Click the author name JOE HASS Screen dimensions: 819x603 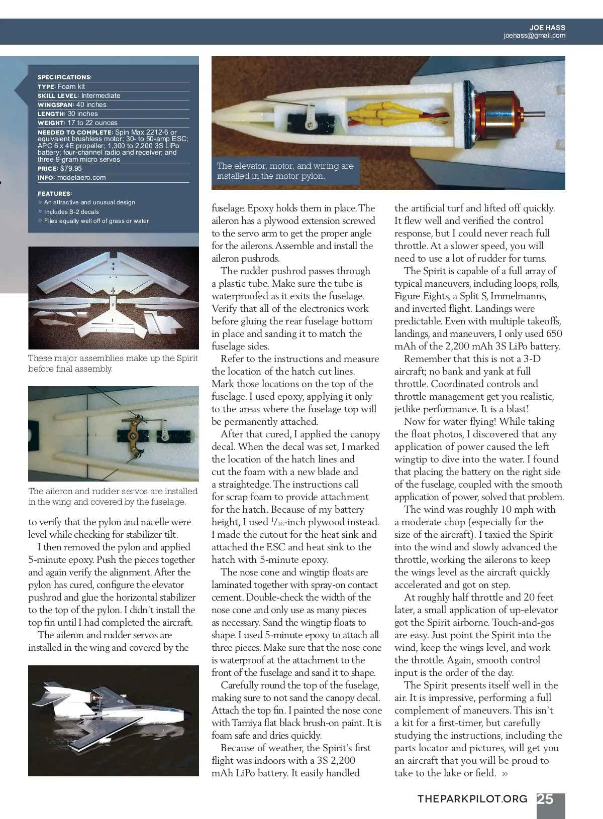pyautogui.click(x=547, y=28)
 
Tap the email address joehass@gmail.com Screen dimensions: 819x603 pyautogui.click(x=534, y=36)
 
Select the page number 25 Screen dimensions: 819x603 pyautogui.click(x=545, y=799)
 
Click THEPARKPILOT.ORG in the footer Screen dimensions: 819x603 pyautogui.click(x=472, y=799)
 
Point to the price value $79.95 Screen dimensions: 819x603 pyautogui.click(x=71, y=169)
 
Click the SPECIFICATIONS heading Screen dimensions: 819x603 pyautogui.click(x=64, y=77)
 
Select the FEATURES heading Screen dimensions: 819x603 pyautogui.click(x=55, y=194)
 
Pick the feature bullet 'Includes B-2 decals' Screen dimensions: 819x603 pyautogui.click(x=71, y=212)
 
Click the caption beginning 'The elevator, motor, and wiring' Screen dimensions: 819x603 pyautogui.click(x=285, y=171)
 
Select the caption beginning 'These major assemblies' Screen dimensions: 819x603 pyautogui.click(x=113, y=364)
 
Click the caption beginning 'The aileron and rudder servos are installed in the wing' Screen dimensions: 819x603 pyautogui.click(x=113, y=497)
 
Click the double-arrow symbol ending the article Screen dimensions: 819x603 pyautogui.click(x=505, y=774)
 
